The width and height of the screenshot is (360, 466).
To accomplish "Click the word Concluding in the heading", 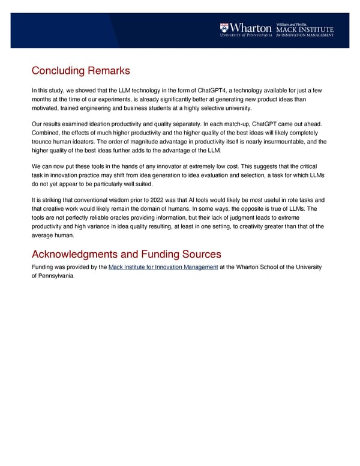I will pos(58,71).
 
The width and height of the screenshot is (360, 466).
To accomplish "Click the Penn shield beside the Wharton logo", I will pos(224,27).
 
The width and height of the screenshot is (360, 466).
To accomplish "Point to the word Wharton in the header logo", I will pos(251,27).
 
